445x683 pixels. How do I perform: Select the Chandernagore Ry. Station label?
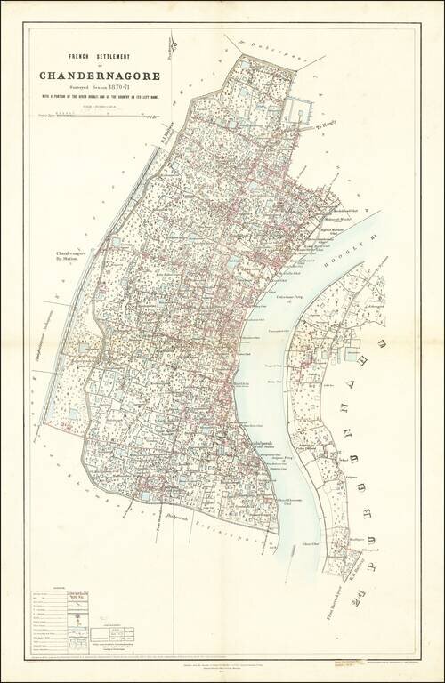[75, 259]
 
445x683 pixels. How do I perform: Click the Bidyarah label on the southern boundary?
[177, 514]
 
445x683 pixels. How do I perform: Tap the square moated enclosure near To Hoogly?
[297, 110]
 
